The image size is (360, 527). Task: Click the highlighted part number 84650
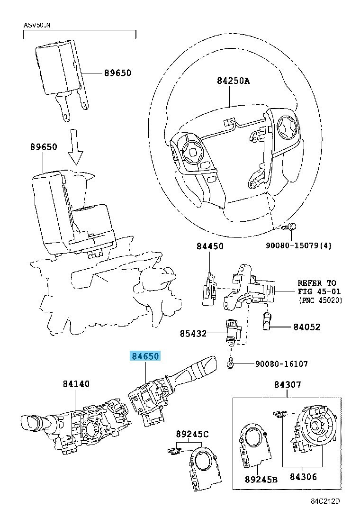(x=146, y=356)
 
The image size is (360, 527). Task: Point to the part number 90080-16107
(x=281, y=364)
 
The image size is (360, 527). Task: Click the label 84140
(x=76, y=384)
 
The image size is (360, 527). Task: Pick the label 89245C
(x=192, y=434)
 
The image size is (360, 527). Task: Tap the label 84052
(x=306, y=327)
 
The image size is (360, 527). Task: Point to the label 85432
(x=193, y=334)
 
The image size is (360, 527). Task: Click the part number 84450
(x=210, y=246)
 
